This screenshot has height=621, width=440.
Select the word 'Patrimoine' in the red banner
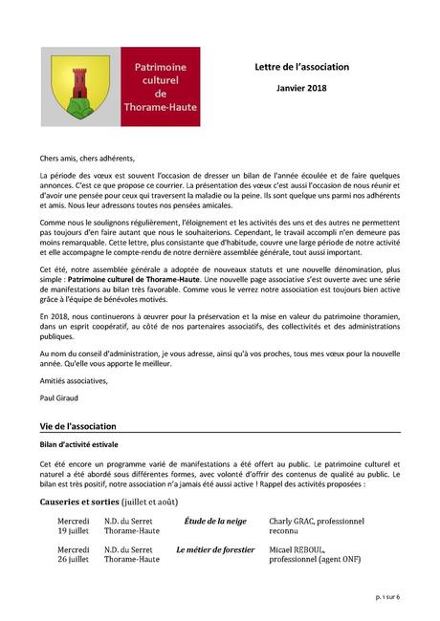point(160,69)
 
